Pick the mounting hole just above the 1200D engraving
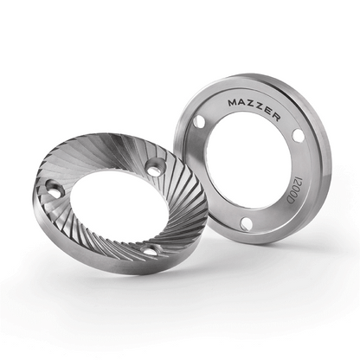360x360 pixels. click(299, 135)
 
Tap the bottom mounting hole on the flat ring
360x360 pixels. click(247, 224)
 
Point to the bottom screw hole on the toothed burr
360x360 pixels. click(150, 250)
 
